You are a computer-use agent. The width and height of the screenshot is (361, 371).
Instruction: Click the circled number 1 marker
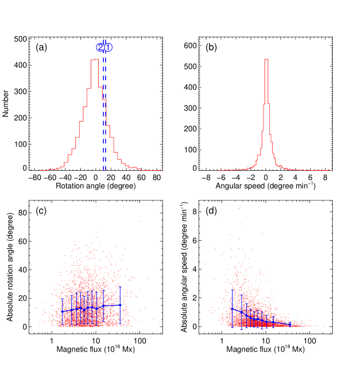pos(108,48)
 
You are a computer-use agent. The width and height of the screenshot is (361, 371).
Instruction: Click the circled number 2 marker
pos(100,48)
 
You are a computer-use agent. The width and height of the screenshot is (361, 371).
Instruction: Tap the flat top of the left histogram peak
pos(94,60)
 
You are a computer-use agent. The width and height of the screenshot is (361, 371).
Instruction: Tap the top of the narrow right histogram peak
pos(266,59)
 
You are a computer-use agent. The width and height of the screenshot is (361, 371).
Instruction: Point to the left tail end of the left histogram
pos(40,170)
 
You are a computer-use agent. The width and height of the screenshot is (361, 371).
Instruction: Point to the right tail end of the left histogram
pos(160,170)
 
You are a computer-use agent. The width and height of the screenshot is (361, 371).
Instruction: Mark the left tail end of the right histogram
pos(219,170)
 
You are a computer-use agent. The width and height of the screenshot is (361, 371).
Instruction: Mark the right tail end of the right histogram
pos(330,170)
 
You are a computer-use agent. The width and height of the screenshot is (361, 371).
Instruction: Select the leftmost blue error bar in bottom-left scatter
pos(62,310)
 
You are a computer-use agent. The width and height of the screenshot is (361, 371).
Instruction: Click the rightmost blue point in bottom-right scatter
pos(290,325)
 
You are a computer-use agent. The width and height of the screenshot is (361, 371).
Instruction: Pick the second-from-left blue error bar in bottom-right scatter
pos(242,313)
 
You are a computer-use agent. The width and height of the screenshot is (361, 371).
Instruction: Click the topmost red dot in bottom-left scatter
pos(96,206)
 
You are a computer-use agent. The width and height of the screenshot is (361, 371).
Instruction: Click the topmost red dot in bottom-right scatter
pos(239,207)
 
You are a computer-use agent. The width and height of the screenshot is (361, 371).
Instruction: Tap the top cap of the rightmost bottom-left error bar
pos(120,287)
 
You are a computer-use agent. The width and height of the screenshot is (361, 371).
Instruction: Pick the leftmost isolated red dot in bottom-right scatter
pos(200,292)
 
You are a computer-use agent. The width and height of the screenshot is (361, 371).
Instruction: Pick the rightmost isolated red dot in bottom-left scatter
pos(147,279)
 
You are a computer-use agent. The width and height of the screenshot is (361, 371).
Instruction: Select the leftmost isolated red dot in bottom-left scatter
pos(36,308)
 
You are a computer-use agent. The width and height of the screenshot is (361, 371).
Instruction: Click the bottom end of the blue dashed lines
pos(104,170)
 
